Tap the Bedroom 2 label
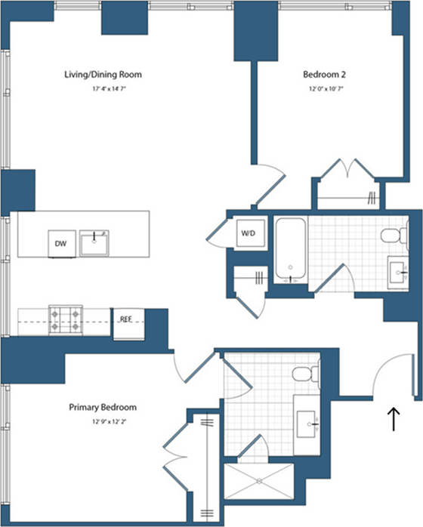coord(324,75)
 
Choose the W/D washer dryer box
coord(249,233)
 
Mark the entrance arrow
coord(394,418)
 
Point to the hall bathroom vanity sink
coord(397,268)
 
